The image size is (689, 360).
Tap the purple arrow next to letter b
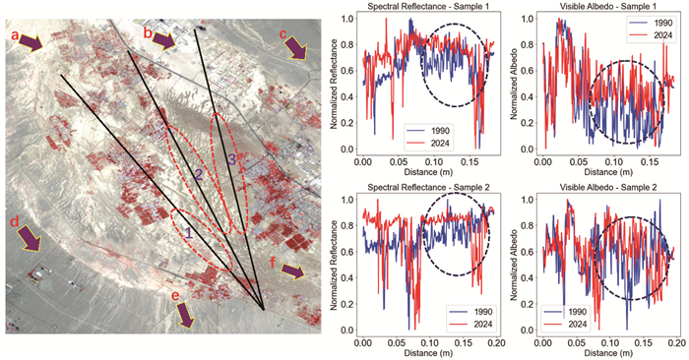(164, 41)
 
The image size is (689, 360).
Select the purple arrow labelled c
(295, 48)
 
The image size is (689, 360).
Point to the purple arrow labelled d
(30, 238)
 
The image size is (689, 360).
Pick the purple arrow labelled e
(185, 315)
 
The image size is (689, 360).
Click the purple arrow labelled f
(292, 271)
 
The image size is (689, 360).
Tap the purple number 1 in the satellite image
(189, 232)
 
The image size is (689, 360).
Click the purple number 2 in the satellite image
(199, 176)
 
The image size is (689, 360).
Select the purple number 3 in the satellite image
(232, 159)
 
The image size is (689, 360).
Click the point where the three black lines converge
(263, 310)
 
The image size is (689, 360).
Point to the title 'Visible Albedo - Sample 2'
(608, 188)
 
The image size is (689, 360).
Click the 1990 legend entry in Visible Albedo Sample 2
(565, 312)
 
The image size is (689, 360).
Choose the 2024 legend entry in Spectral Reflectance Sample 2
(470, 325)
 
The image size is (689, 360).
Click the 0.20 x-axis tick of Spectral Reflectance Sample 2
(499, 342)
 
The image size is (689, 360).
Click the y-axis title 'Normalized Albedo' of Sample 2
(515, 264)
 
